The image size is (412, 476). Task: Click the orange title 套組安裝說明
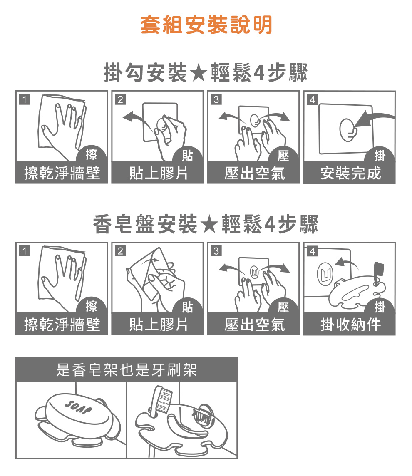(206, 25)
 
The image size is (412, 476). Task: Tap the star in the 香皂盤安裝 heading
(209, 225)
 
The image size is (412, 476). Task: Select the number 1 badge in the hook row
(25, 99)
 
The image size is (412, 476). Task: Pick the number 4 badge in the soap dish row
(313, 251)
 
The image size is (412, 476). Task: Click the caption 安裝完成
(351, 174)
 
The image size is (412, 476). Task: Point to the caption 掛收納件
(351, 325)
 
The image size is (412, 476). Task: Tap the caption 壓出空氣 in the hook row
(254, 174)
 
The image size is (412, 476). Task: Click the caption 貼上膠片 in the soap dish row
(158, 325)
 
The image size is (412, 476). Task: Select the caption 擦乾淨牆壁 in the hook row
(62, 174)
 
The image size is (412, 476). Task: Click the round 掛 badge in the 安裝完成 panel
(380, 156)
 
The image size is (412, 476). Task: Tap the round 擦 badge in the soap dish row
(92, 306)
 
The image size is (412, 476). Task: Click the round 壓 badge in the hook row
(283, 156)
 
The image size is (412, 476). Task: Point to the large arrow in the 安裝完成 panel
(373, 119)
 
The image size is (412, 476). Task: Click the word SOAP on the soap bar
(78, 407)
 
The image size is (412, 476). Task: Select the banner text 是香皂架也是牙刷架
(127, 370)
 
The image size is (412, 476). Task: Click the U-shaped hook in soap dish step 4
(325, 274)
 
